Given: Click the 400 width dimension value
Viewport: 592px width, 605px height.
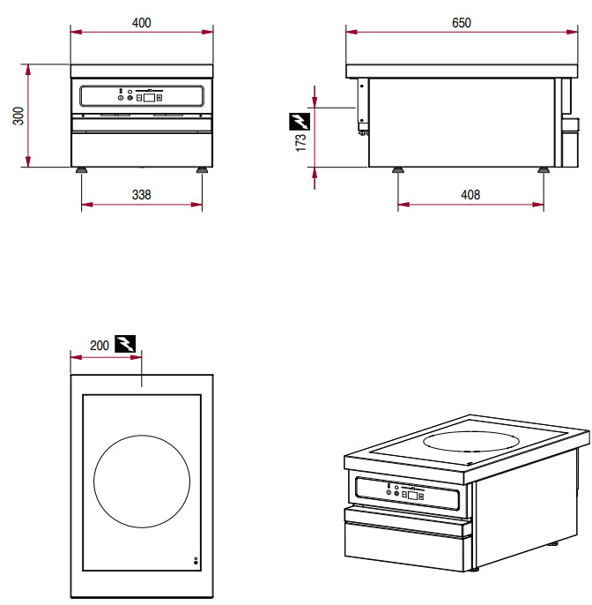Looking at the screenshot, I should click(x=141, y=23).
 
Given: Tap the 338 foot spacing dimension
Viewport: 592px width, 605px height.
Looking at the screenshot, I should click(x=141, y=195).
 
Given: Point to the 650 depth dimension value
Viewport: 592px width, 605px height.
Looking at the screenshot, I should click(x=462, y=23).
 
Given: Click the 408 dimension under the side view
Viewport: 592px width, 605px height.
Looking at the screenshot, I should click(x=470, y=195).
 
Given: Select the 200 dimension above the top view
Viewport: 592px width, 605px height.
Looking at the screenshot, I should click(x=100, y=345).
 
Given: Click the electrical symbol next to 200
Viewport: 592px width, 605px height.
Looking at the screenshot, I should click(x=126, y=344).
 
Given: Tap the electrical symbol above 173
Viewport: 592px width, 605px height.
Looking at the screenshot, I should click(x=300, y=119).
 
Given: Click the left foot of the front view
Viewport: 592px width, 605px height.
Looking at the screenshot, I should click(x=81, y=169).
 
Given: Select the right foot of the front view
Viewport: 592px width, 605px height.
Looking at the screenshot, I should click(x=203, y=169).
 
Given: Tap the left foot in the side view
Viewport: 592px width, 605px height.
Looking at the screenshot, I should click(x=398, y=169).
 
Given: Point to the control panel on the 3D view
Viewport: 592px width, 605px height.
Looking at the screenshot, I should click(x=410, y=493).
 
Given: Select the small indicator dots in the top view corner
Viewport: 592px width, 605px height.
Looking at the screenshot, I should click(x=196, y=562).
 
